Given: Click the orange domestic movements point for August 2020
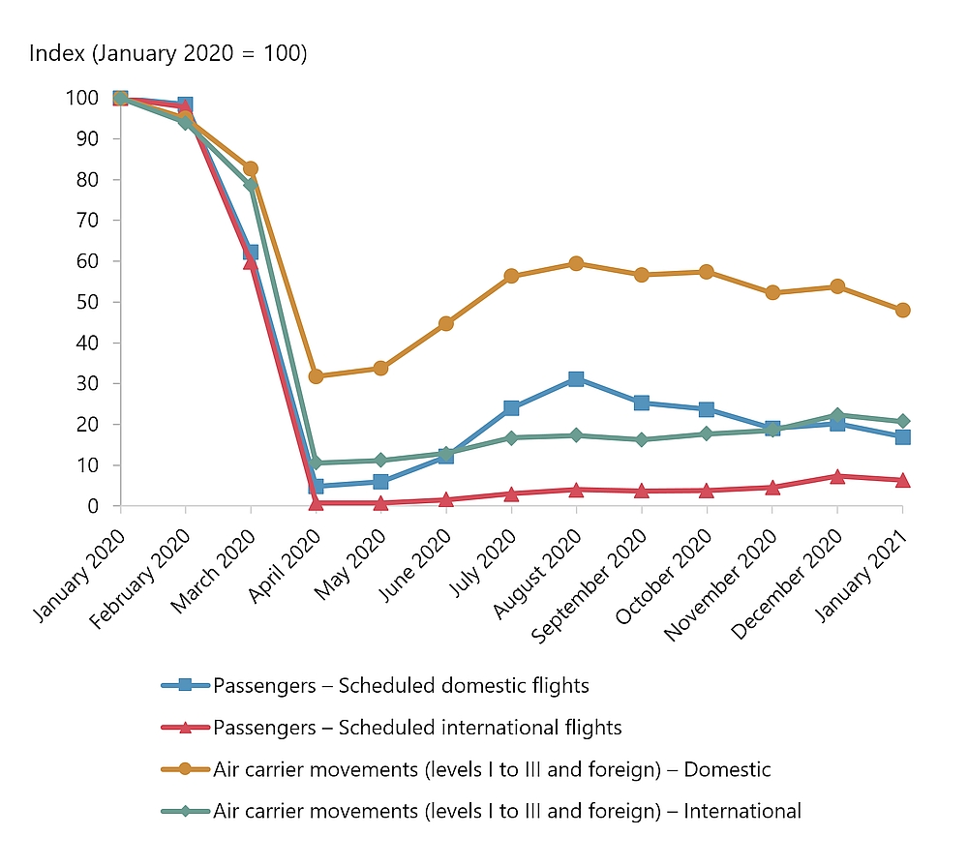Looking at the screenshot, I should coord(576,263).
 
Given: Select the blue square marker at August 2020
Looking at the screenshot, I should coord(576,379).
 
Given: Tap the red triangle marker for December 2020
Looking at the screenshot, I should coord(837,476).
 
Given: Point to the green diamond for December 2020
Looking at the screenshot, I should coord(837,415).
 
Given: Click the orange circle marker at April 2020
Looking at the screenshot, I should coord(316,375).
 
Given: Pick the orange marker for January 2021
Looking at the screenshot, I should coord(902,310).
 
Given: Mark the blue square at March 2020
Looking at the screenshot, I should coord(251,253).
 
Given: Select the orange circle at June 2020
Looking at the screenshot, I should coord(446,323).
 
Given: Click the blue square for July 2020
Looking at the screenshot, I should coord(511,408).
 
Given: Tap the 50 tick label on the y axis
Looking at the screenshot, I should coord(87,302).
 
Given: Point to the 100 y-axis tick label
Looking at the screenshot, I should coord(82,98).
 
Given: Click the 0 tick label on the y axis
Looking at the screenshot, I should coord(93,506).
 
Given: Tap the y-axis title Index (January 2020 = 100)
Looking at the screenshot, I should coord(167,53).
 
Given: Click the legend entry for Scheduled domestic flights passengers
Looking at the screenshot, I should coord(401,686).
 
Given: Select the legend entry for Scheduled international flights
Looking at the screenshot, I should coord(417,727).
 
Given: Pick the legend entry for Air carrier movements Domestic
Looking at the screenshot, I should coord(492,769).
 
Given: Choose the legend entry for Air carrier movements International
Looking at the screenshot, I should coord(507,811).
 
